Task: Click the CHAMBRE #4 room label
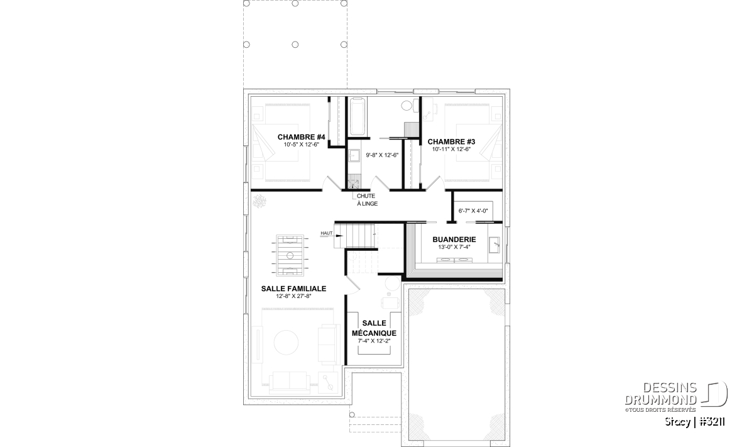pos(301,137)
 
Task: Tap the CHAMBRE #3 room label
pos(451,142)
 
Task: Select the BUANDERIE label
pos(454,240)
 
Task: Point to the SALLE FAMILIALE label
pos(293,289)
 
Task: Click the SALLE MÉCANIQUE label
pos(374,328)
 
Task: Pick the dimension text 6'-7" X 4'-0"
pos(473,211)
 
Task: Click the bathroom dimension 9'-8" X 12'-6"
pos(382,155)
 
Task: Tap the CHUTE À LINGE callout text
pos(367,200)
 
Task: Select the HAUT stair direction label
pos(326,233)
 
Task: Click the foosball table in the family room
pos(290,255)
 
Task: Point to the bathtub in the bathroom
pos(357,117)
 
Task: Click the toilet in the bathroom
pos(408,105)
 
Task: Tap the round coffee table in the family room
pos(286,343)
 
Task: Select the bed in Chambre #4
pos(280,143)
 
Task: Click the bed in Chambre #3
pos(473,143)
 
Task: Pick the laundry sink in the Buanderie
pos(494,245)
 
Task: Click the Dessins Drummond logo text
pos(661,394)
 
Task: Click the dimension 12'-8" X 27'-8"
pos(293,296)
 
